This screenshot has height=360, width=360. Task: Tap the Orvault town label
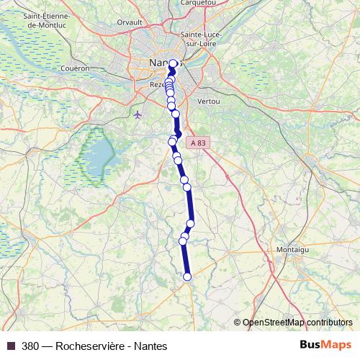[130, 22]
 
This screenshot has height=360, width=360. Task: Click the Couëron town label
[76, 68]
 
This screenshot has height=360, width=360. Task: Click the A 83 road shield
[199, 144]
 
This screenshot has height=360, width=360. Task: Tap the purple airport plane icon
[138, 114]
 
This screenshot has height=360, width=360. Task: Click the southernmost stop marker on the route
[187, 276]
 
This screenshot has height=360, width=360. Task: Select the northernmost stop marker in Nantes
[173, 63]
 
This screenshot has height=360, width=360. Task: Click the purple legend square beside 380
[12, 345]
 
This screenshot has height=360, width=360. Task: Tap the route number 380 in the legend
[30, 345]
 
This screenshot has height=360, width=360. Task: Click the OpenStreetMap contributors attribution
[297, 323]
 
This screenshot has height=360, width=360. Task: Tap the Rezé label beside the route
[156, 84]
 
